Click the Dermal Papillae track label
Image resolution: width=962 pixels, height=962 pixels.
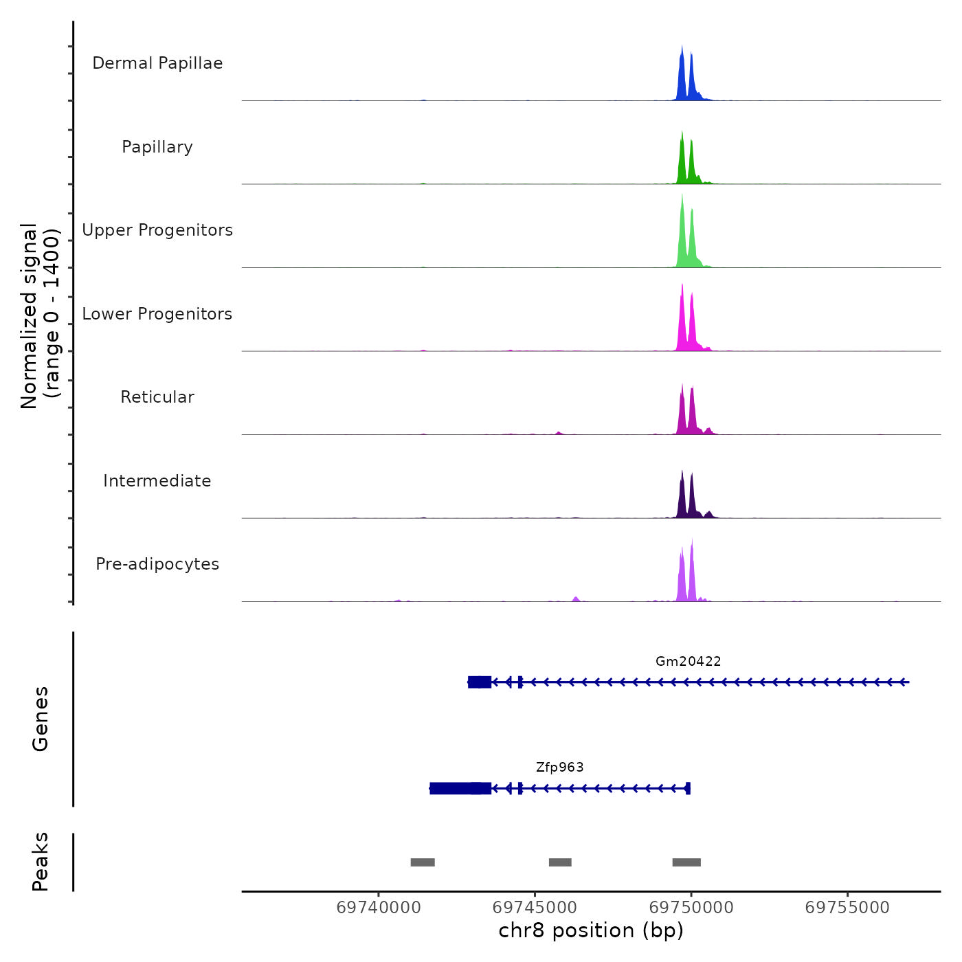157,63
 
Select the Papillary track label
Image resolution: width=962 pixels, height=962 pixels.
157,147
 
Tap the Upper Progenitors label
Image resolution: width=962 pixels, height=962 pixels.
157,230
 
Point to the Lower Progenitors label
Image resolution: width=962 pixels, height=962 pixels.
157,314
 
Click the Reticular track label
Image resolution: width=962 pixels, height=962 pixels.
157,397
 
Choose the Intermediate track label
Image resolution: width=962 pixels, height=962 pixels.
157,481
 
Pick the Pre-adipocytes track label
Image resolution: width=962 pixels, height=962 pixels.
157,564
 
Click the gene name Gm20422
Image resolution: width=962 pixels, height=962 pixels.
688,662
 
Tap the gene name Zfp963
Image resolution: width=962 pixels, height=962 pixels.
560,768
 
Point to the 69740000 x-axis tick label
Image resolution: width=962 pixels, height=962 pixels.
379,908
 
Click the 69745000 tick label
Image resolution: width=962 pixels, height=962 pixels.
535,908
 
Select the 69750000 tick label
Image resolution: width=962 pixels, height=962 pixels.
691,908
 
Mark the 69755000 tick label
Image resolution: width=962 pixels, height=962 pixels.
847,908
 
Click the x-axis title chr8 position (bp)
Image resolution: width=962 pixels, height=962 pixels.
591,931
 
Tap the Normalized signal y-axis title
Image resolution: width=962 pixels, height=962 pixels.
40,316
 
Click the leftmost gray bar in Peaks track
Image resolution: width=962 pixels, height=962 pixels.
423,862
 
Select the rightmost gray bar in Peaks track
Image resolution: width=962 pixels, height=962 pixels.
686,862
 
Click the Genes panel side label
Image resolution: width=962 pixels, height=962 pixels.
40,719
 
